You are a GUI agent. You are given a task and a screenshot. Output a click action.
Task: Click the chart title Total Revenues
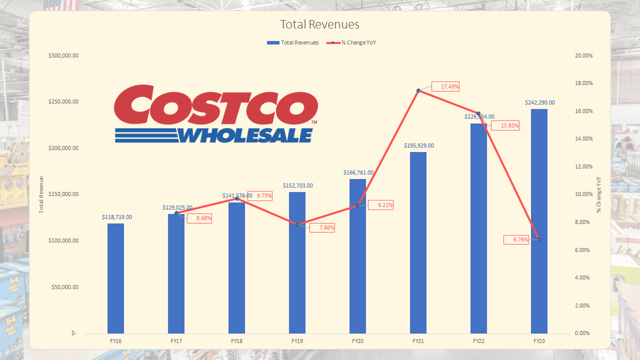click(x=319, y=24)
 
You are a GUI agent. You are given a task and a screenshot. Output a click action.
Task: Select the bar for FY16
click(x=115, y=278)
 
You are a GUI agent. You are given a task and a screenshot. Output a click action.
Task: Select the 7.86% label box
click(x=322, y=228)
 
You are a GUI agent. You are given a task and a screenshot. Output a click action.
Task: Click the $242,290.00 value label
click(x=539, y=102)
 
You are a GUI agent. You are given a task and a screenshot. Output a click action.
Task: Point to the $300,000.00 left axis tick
click(x=63, y=55)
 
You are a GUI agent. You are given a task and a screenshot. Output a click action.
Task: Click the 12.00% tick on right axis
click(x=584, y=166)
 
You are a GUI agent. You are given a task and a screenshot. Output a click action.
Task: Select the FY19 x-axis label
click(x=297, y=340)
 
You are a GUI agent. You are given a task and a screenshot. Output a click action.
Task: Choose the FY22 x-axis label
click(x=478, y=340)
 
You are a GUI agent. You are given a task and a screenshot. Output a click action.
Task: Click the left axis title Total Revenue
click(x=41, y=194)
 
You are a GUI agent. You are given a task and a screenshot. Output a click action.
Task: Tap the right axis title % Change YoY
click(x=598, y=194)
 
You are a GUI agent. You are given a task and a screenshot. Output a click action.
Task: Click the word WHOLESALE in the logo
click(x=245, y=135)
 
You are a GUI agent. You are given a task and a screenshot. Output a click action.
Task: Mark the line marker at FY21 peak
click(x=418, y=90)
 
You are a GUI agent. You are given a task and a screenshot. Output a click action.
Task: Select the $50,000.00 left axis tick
click(x=65, y=287)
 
